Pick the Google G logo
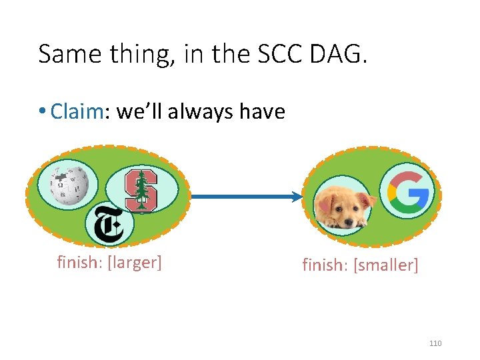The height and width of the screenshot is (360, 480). tap(407, 192)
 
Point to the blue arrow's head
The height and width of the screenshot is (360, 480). tap(297, 197)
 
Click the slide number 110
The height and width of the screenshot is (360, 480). tap(435, 343)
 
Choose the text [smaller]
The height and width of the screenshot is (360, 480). tap(387, 265)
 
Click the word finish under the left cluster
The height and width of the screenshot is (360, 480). tap(76, 262)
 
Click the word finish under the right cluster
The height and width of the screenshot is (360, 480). tap(325, 265)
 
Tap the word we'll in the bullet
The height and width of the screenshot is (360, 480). tap(140, 111)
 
